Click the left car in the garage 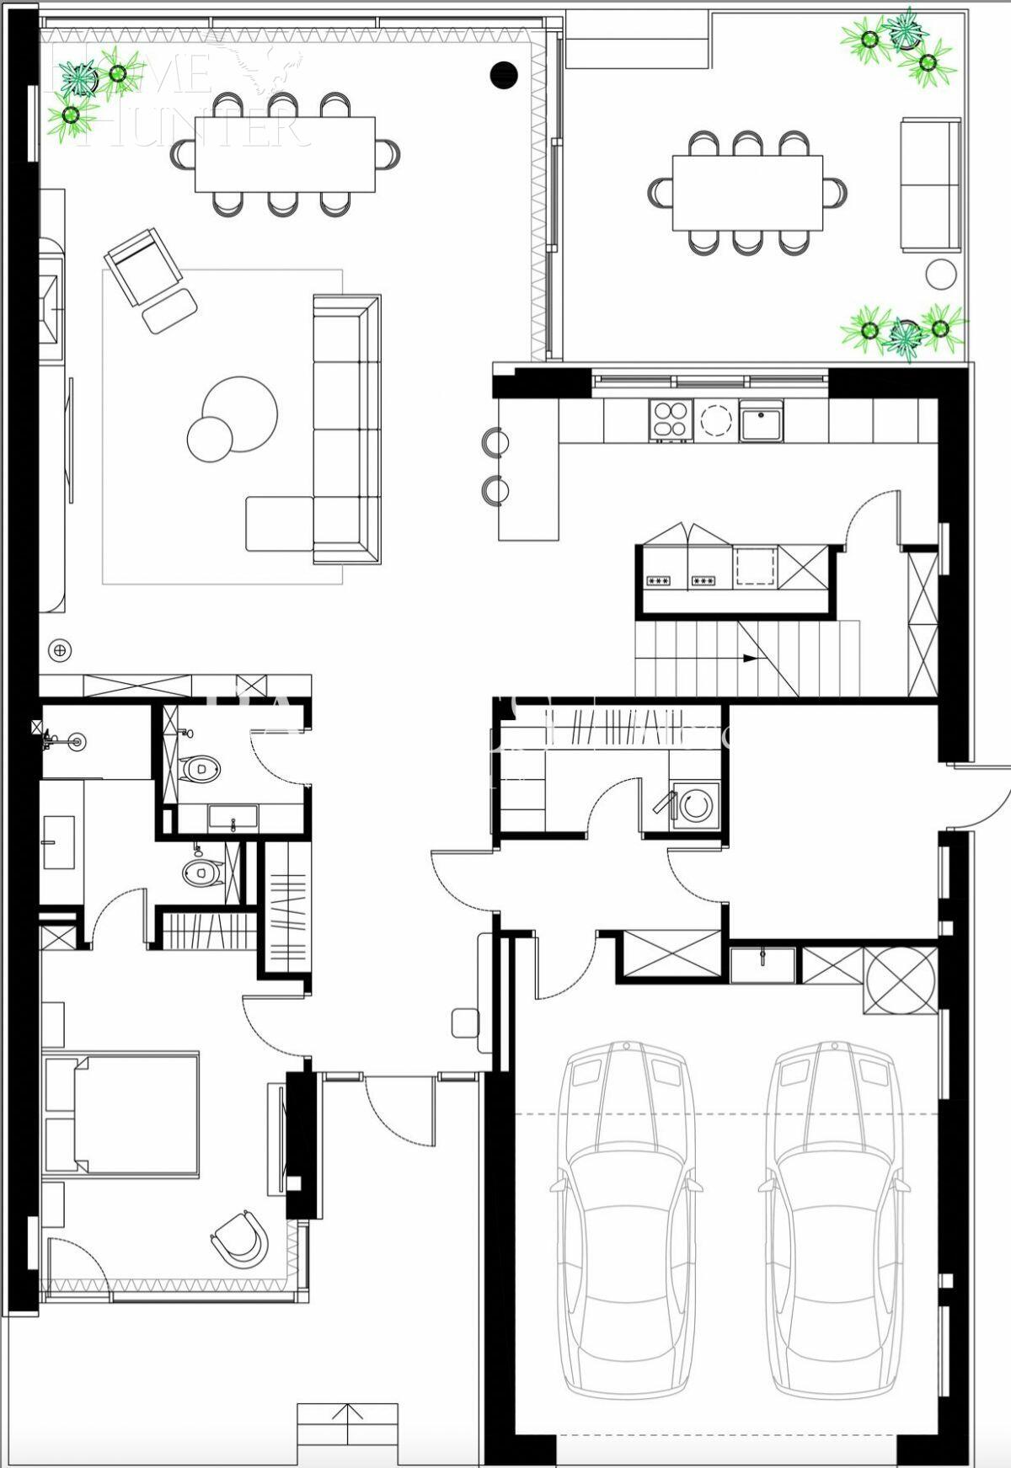[624, 1230]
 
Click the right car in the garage [833, 1230]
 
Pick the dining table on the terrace [747, 192]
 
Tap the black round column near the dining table [503, 75]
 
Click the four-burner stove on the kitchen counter [670, 419]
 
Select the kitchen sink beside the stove [761, 419]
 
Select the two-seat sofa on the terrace [931, 185]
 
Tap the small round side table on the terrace [941, 275]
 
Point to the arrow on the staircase [749, 659]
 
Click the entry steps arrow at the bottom [347, 1412]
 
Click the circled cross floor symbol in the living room [61, 650]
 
